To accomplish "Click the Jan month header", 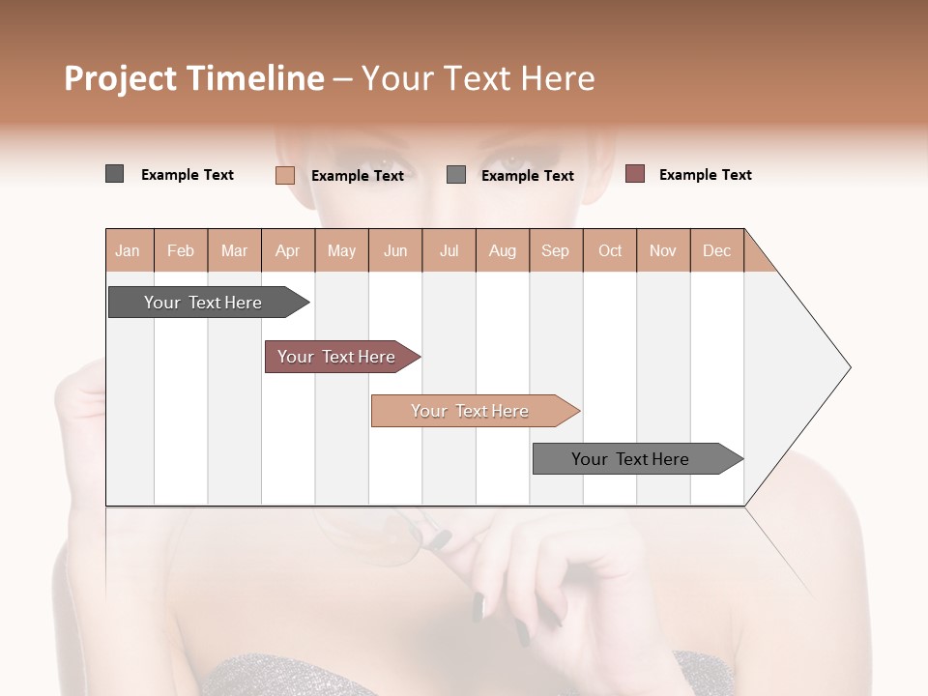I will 129,250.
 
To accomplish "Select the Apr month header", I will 288,250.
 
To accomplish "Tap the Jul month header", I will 449,250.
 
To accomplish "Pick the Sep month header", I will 555,250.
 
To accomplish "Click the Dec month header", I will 716,250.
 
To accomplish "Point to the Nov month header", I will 662,250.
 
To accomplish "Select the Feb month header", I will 181,250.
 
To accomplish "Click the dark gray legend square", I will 114,174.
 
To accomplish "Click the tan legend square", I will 284,175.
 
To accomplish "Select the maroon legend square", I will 634,174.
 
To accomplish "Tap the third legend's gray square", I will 456,175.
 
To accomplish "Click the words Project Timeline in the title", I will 193,78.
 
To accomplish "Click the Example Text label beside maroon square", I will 705,175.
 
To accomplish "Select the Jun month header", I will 395,250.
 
